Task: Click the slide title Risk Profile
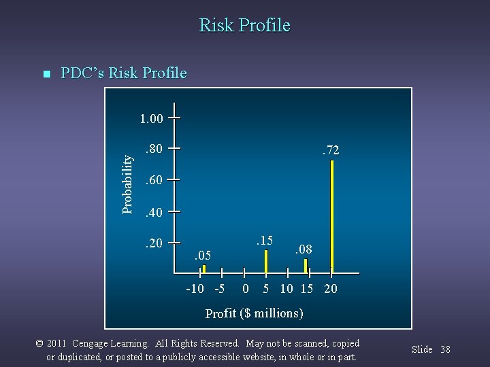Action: pos(244,26)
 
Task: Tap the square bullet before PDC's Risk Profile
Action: pos(46,74)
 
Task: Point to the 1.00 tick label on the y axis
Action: pos(150,119)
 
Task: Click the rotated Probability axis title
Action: pos(127,182)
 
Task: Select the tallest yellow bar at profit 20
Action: pos(331,214)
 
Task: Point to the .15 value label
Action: pos(263,240)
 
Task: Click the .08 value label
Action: pos(303,249)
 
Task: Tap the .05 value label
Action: pos(202,256)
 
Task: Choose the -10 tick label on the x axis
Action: pos(195,289)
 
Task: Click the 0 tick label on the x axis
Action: pos(246,289)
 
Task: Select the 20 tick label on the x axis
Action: pos(329,289)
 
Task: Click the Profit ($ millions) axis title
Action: pos(254,313)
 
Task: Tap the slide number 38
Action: pos(445,349)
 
